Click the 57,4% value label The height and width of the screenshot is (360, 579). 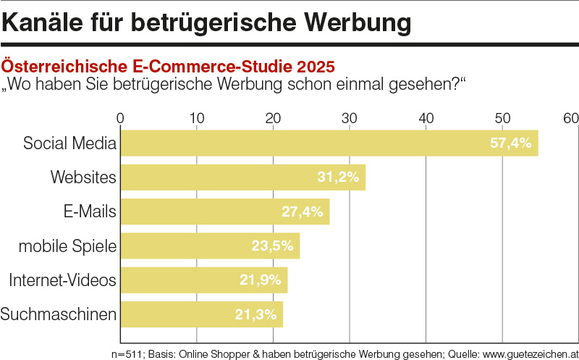pyautogui.click(x=511, y=143)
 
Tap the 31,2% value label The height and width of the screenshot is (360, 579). pyautogui.click(x=338, y=177)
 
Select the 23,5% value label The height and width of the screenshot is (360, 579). pyautogui.click(x=272, y=246)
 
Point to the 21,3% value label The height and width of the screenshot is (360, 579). pyautogui.click(x=256, y=314)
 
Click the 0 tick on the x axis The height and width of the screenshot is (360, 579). pyautogui.click(x=120, y=118)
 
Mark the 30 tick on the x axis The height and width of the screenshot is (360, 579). pyautogui.click(x=350, y=118)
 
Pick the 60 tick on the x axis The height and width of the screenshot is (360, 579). pyautogui.click(x=571, y=118)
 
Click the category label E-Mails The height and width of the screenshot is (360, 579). pyautogui.click(x=90, y=212)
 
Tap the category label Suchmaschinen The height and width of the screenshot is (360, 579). pyautogui.click(x=59, y=314)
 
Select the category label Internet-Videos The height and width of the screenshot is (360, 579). pyautogui.click(x=63, y=280)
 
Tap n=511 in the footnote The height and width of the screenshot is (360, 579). pyautogui.click(x=128, y=354)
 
